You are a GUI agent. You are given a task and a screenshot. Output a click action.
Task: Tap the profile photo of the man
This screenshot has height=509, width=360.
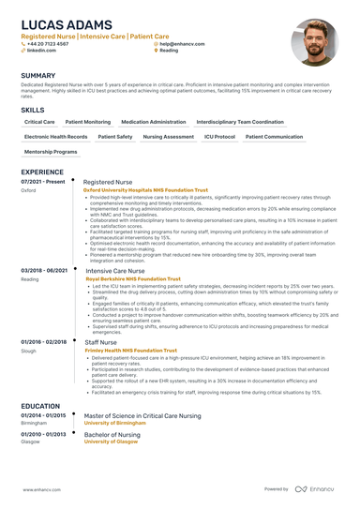pos(315,43)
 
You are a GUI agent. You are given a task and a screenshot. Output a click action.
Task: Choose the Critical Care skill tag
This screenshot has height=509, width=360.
pos(39,122)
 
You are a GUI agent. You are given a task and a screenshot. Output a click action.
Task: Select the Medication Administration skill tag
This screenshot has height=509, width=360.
pos(154,122)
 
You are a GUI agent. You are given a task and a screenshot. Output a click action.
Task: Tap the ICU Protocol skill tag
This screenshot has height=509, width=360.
pos(219,137)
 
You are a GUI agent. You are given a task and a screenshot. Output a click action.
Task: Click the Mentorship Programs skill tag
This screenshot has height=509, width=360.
pos(51,151)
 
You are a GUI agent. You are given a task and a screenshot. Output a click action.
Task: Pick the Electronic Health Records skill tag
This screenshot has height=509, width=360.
pos(56,137)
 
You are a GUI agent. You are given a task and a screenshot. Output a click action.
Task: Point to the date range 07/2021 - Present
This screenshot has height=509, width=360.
pos(43,181)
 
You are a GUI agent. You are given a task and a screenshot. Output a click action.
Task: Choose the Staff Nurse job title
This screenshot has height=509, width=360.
pos(100,343)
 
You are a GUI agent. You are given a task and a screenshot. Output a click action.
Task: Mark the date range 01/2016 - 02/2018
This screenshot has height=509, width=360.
pos(43,343)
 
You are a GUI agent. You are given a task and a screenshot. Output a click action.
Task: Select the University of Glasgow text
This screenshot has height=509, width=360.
pos(111,442)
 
